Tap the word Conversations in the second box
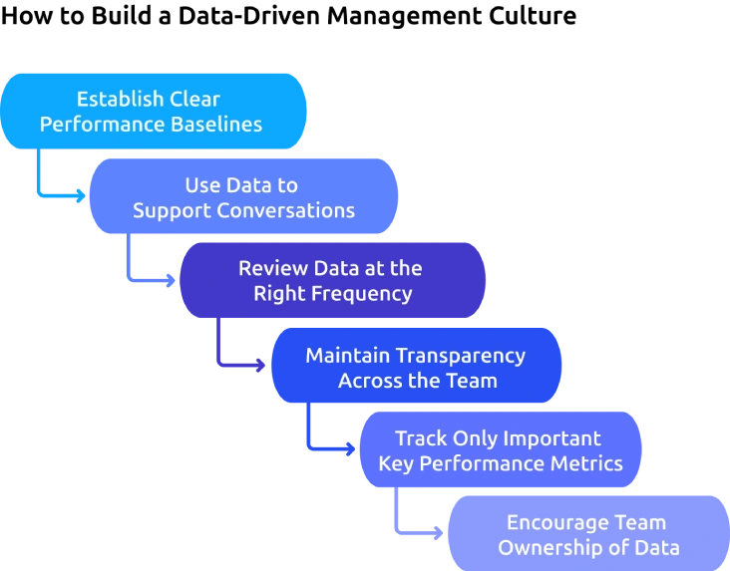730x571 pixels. [294, 210]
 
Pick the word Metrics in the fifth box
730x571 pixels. [588, 463]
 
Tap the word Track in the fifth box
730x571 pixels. [418, 438]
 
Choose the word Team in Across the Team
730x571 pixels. [473, 380]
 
